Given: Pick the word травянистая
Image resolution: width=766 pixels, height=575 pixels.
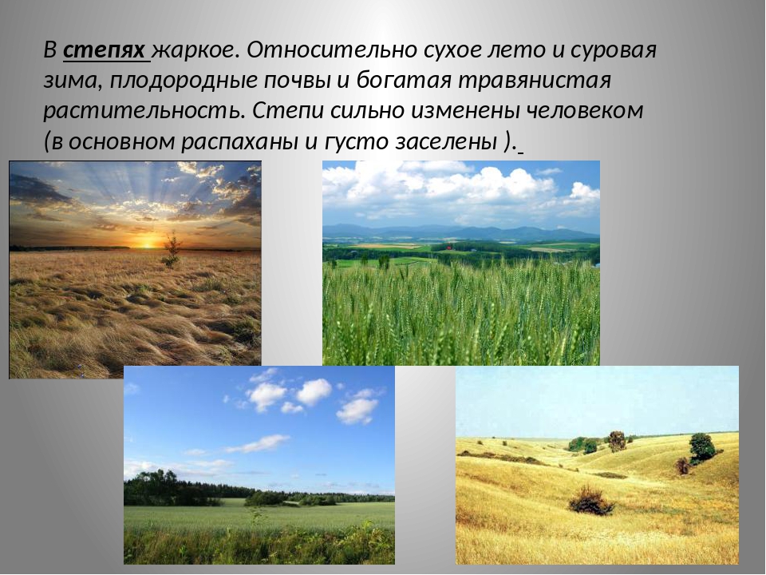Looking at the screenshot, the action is pos(535,81).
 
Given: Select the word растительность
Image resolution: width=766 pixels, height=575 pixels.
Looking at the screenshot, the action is pos(144,111).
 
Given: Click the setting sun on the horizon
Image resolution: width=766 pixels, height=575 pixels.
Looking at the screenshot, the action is pos(147,242).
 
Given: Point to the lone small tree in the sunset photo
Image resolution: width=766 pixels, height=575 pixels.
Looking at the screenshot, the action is pos(171,250).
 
